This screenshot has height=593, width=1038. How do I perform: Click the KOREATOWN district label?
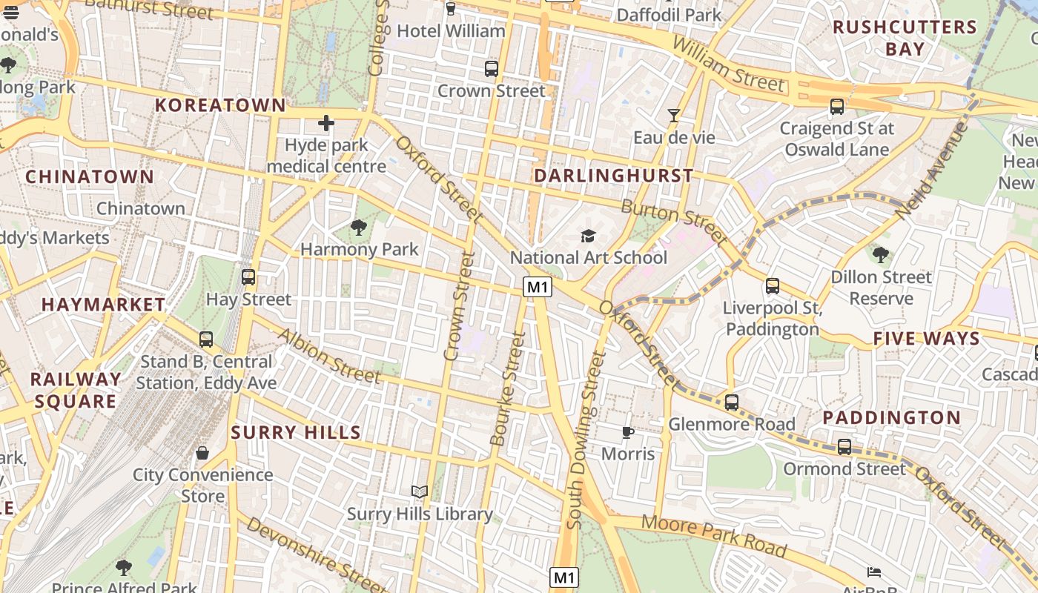[x=220, y=105]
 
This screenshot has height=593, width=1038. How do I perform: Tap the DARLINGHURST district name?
[x=614, y=176]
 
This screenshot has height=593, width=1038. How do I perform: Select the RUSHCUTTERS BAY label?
[x=905, y=39]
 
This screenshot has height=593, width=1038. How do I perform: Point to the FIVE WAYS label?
[x=926, y=339]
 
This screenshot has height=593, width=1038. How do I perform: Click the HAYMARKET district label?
[x=103, y=305]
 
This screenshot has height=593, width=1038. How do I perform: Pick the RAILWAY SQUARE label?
[x=76, y=390]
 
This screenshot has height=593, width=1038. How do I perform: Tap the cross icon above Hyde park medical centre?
[x=325, y=123]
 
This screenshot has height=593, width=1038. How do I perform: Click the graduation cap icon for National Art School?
[x=588, y=236]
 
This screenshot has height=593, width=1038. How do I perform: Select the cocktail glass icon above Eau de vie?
[x=674, y=115]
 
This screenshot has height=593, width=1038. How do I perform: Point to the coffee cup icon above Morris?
[x=628, y=431]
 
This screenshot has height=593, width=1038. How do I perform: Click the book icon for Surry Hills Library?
[x=420, y=491]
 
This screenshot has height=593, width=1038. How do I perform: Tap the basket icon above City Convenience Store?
[x=202, y=452]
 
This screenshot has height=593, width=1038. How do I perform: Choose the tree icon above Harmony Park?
[x=359, y=227]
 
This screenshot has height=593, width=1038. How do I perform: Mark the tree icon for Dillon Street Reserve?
[x=881, y=255]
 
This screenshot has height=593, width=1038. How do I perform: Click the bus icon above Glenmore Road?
[x=732, y=402]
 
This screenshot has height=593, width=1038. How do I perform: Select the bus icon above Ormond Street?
[x=844, y=447]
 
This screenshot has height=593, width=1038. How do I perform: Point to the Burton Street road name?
[x=673, y=221]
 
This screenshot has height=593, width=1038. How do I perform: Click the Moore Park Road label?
[x=713, y=534]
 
